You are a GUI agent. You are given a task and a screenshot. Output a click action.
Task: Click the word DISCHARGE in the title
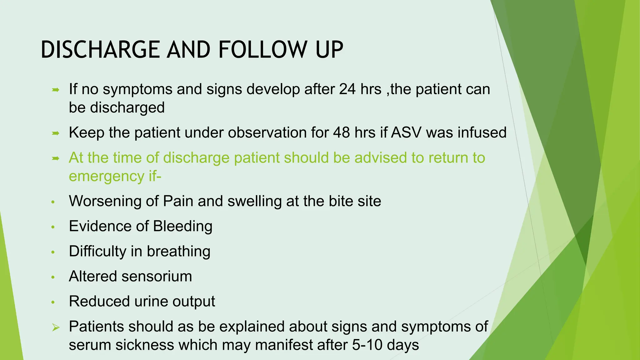click(x=100, y=50)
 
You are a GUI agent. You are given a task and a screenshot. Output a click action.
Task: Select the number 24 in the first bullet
click(x=347, y=89)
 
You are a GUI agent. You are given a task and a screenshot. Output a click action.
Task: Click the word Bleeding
click(x=183, y=226)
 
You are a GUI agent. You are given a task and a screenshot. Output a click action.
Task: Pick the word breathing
click(x=179, y=251)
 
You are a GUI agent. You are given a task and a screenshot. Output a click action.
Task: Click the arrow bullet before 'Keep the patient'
click(x=55, y=133)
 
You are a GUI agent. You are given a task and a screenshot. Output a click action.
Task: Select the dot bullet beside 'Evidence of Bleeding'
click(x=53, y=227)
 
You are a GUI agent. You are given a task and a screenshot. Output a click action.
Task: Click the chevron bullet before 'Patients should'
click(x=56, y=327)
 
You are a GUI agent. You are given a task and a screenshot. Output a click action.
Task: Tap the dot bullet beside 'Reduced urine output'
click(x=53, y=302)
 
